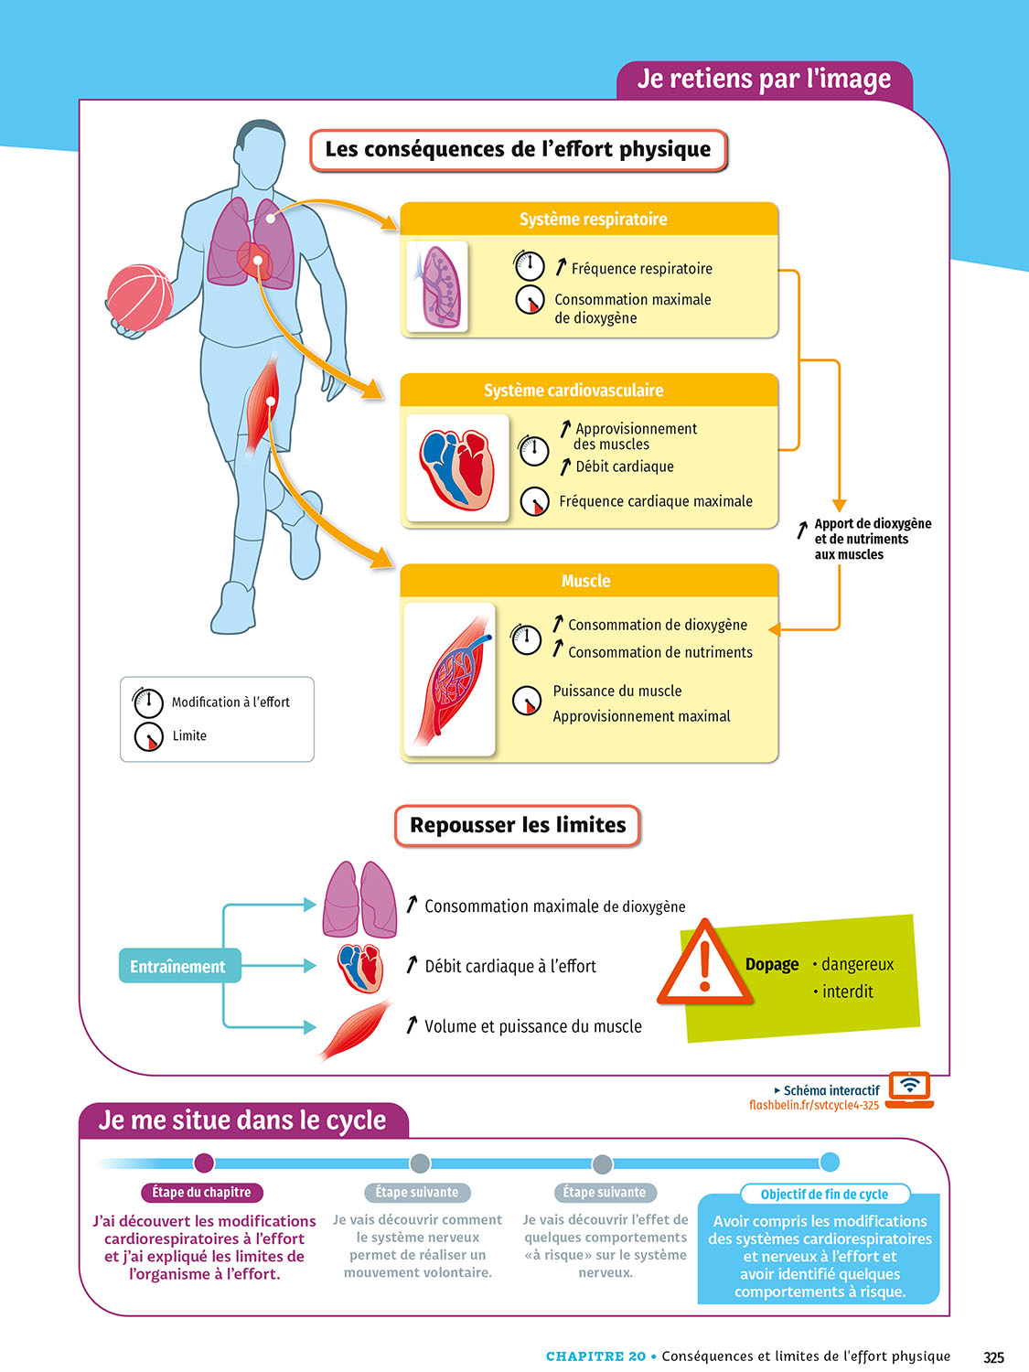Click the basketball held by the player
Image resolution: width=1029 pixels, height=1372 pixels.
click(x=140, y=297)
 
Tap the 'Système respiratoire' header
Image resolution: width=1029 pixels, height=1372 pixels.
click(x=593, y=220)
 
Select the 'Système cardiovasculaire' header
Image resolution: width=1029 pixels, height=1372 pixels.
click(x=573, y=391)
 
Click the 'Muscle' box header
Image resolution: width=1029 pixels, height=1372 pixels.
click(x=586, y=581)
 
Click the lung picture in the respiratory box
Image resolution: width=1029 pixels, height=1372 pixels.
click(x=437, y=286)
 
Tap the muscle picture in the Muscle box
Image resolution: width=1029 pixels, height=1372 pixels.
click(x=450, y=680)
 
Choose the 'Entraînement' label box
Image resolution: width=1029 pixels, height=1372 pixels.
click(x=178, y=967)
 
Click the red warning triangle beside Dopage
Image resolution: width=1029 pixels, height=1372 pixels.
click(x=703, y=965)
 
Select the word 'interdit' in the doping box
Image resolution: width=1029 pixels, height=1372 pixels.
click(x=847, y=991)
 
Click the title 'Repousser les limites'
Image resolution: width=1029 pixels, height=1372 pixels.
click(x=518, y=825)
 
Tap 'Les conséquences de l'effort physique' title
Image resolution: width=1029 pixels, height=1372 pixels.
click(x=518, y=150)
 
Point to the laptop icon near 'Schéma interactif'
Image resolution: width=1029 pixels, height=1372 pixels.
click(x=909, y=1089)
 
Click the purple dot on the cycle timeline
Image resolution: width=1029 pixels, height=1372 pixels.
click(x=204, y=1163)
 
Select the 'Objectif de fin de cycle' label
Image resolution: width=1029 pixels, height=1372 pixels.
click(x=824, y=1194)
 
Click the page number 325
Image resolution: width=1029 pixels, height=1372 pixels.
click(x=993, y=1357)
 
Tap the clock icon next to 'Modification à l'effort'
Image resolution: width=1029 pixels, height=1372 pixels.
click(x=147, y=702)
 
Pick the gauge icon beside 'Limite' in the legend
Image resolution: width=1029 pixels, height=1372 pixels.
click(x=148, y=736)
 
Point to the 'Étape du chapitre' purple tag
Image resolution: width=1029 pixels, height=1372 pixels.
click(x=201, y=1193)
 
